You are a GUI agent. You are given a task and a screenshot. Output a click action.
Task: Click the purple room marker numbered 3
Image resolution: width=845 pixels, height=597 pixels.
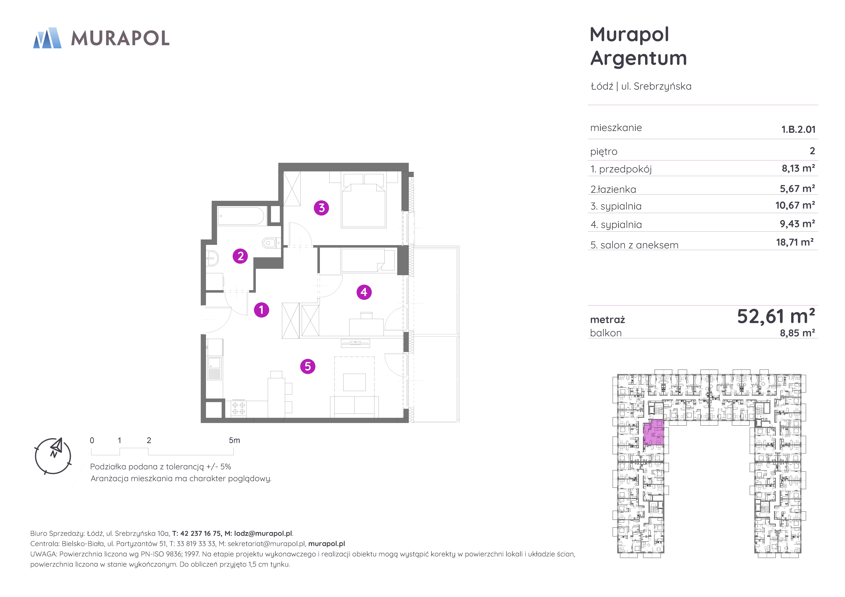pos(321,208)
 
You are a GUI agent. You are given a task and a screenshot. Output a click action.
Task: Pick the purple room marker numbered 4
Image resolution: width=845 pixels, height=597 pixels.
pos(364,292)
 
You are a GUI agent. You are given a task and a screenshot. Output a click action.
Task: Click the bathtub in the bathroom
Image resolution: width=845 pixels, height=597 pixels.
pos(241,216)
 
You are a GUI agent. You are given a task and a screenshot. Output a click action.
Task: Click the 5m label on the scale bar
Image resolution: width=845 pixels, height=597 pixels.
pos(234,440)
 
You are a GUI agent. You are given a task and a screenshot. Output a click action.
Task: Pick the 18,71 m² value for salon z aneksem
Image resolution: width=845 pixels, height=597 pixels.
pos(795,242)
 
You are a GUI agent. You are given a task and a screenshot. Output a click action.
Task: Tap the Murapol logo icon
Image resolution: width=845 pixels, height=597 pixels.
pos(47,38)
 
